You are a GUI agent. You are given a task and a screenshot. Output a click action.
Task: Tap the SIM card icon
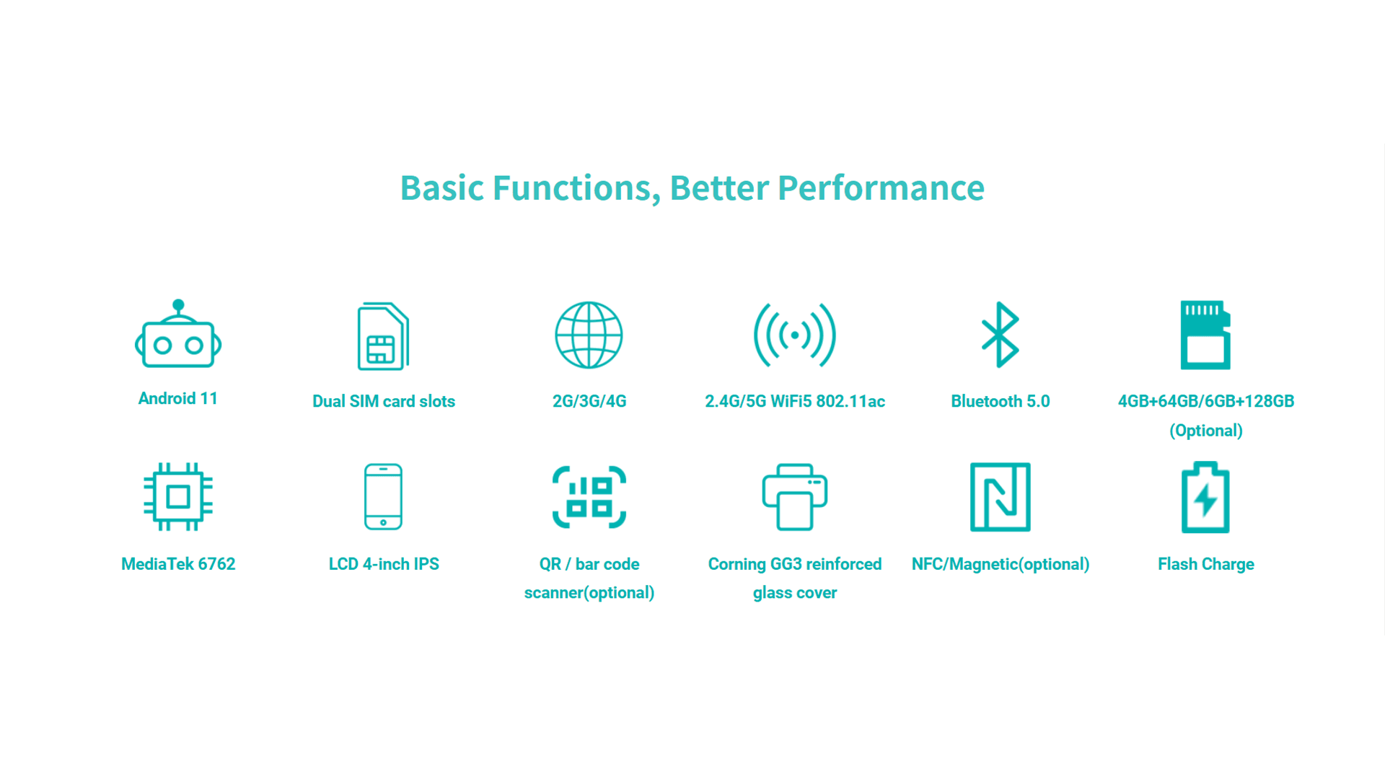point(383,336)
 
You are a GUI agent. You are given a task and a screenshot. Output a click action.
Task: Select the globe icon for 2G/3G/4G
point(589,335)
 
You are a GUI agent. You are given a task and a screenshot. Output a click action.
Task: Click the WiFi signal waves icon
point(795,335)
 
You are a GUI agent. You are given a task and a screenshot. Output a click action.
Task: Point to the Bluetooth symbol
point(1000,335)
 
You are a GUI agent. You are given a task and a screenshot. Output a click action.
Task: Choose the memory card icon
point(1205,335)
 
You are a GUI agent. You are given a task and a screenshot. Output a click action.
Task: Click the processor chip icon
point(178,497)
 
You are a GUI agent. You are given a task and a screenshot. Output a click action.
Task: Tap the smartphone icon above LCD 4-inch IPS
point(383,497)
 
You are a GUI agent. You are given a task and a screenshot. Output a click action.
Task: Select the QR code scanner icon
point(589,497)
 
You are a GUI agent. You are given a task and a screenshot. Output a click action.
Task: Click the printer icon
point(795,497)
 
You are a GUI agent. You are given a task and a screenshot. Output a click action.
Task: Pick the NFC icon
point(1001,497)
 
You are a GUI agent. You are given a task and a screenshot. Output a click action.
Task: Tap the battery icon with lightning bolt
point(1205,497)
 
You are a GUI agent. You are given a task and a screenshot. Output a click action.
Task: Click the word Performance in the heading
point(881,189)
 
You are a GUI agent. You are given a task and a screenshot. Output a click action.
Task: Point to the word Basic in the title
point(442,188)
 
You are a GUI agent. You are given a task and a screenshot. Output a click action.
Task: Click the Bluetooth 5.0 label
point(1001,401)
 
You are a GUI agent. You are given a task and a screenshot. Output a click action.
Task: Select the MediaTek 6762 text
point(178,564)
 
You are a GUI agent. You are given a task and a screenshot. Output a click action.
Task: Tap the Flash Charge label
point(1206,565)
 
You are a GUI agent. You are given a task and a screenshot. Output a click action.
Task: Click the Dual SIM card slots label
point(384,401)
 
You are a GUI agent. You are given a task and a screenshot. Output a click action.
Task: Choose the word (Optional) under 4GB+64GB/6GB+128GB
point(1206,431)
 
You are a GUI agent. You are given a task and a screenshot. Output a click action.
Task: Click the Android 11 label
point(178,399)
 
